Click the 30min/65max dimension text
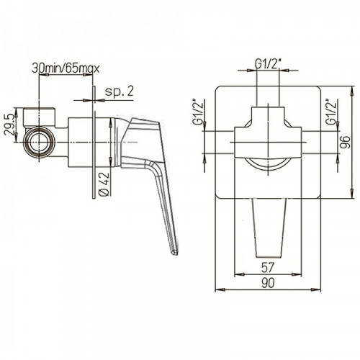pos(66,69)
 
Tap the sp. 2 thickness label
pos(119,91)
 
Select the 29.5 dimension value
pos(9,124)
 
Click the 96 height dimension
pos(346,142)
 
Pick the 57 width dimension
pos(267,268)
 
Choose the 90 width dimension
pos(268,283)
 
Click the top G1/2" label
pos(268,64)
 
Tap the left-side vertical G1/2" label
pos(199,112)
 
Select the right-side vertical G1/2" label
pos(332,112)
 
